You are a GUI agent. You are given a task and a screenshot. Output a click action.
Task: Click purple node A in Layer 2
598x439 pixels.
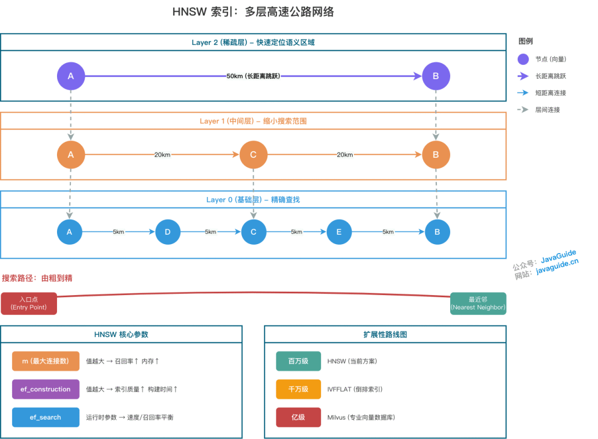[70, 76]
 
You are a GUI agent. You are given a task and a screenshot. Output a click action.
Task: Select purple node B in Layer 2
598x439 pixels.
[436, 76]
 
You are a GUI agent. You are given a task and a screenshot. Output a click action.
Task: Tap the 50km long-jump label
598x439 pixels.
[253, 76]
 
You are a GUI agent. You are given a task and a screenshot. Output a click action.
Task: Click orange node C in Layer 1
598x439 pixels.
[253, 155]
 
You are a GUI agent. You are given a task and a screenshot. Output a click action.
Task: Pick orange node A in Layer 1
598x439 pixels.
[70, 155]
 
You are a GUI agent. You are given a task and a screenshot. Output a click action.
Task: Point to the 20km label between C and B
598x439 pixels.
[344, 155]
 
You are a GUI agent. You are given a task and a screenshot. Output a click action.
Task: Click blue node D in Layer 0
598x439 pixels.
[168, 232]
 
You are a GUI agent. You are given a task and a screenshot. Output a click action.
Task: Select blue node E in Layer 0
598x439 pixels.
[339, 232]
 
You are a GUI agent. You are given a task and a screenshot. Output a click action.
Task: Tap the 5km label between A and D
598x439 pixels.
[118, 232]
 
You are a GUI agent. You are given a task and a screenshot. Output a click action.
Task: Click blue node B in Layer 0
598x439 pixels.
[437, 232]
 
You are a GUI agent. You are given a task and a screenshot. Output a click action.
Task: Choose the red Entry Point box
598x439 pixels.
[29, 303]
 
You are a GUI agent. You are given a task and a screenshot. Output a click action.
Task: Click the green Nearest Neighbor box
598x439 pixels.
[478, 303]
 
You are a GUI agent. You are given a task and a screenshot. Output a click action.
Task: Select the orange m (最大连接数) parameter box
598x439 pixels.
[45, 361]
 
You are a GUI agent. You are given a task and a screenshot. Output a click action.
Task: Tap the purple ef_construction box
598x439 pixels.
[45, 389]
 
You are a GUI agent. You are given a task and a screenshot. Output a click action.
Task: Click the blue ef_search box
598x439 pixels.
[45, 417]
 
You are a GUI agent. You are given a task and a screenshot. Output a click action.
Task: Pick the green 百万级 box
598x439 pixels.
[298, 361]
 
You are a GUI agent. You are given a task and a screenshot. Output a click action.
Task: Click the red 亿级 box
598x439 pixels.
[298, 417]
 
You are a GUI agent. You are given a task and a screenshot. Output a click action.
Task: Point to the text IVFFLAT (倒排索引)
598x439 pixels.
[355, 389]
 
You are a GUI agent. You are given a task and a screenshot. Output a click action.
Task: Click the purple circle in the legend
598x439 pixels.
[523, 59]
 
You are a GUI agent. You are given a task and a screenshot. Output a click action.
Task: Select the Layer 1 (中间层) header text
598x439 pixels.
[253, 121]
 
